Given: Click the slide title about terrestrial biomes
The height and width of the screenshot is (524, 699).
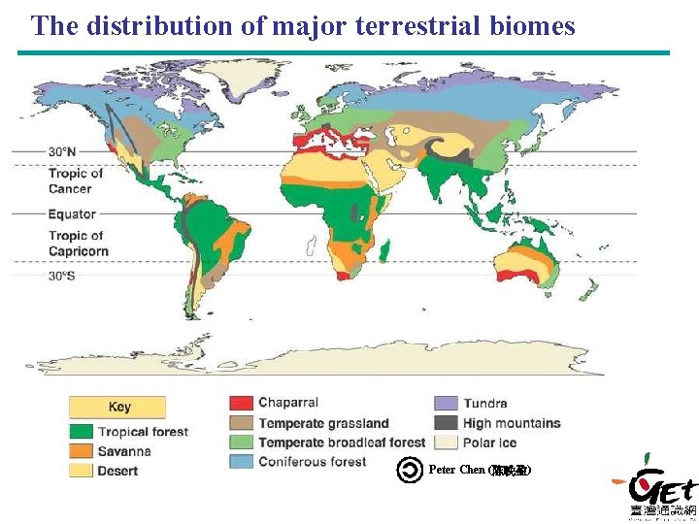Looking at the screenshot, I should [x=303, y=26].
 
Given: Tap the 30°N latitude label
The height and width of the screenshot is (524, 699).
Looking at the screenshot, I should [x=62, y=152].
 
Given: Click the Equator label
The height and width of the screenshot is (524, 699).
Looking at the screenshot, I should [x=72, y=213].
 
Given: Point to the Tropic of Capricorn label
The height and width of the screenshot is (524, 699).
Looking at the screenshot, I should [x=78, y=244].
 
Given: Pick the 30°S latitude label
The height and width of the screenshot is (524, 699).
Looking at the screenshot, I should [x=62, y=276].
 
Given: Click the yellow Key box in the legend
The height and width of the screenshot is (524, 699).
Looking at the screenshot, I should [x=117, y=408].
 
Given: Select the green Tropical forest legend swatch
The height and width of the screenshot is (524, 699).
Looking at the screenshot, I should [x=82, y=432].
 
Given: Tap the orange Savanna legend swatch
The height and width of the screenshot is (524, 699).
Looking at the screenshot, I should [x=82, y=451].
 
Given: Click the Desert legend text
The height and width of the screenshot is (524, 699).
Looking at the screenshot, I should [x=117, y=471].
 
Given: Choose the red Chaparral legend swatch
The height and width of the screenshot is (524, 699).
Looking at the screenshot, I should [x=241, y=403].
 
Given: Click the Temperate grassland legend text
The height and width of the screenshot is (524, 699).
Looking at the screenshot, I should [x=323, y=423].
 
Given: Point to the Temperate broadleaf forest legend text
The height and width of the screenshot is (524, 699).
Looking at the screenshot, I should [x=342, y=442].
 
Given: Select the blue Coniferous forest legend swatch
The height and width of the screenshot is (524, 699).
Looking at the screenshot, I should [x=241, y=462].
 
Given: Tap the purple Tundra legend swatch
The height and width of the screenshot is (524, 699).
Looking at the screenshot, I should [x=446, y=403].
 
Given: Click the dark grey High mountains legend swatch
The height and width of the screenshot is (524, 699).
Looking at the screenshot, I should [x=446, y=423].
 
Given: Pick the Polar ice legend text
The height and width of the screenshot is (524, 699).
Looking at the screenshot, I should [x=489, y=442].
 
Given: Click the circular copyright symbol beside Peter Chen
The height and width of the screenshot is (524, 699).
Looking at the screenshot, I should [x=410, y=470].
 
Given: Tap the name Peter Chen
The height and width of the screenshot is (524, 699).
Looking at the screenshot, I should [x=456, y=470].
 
